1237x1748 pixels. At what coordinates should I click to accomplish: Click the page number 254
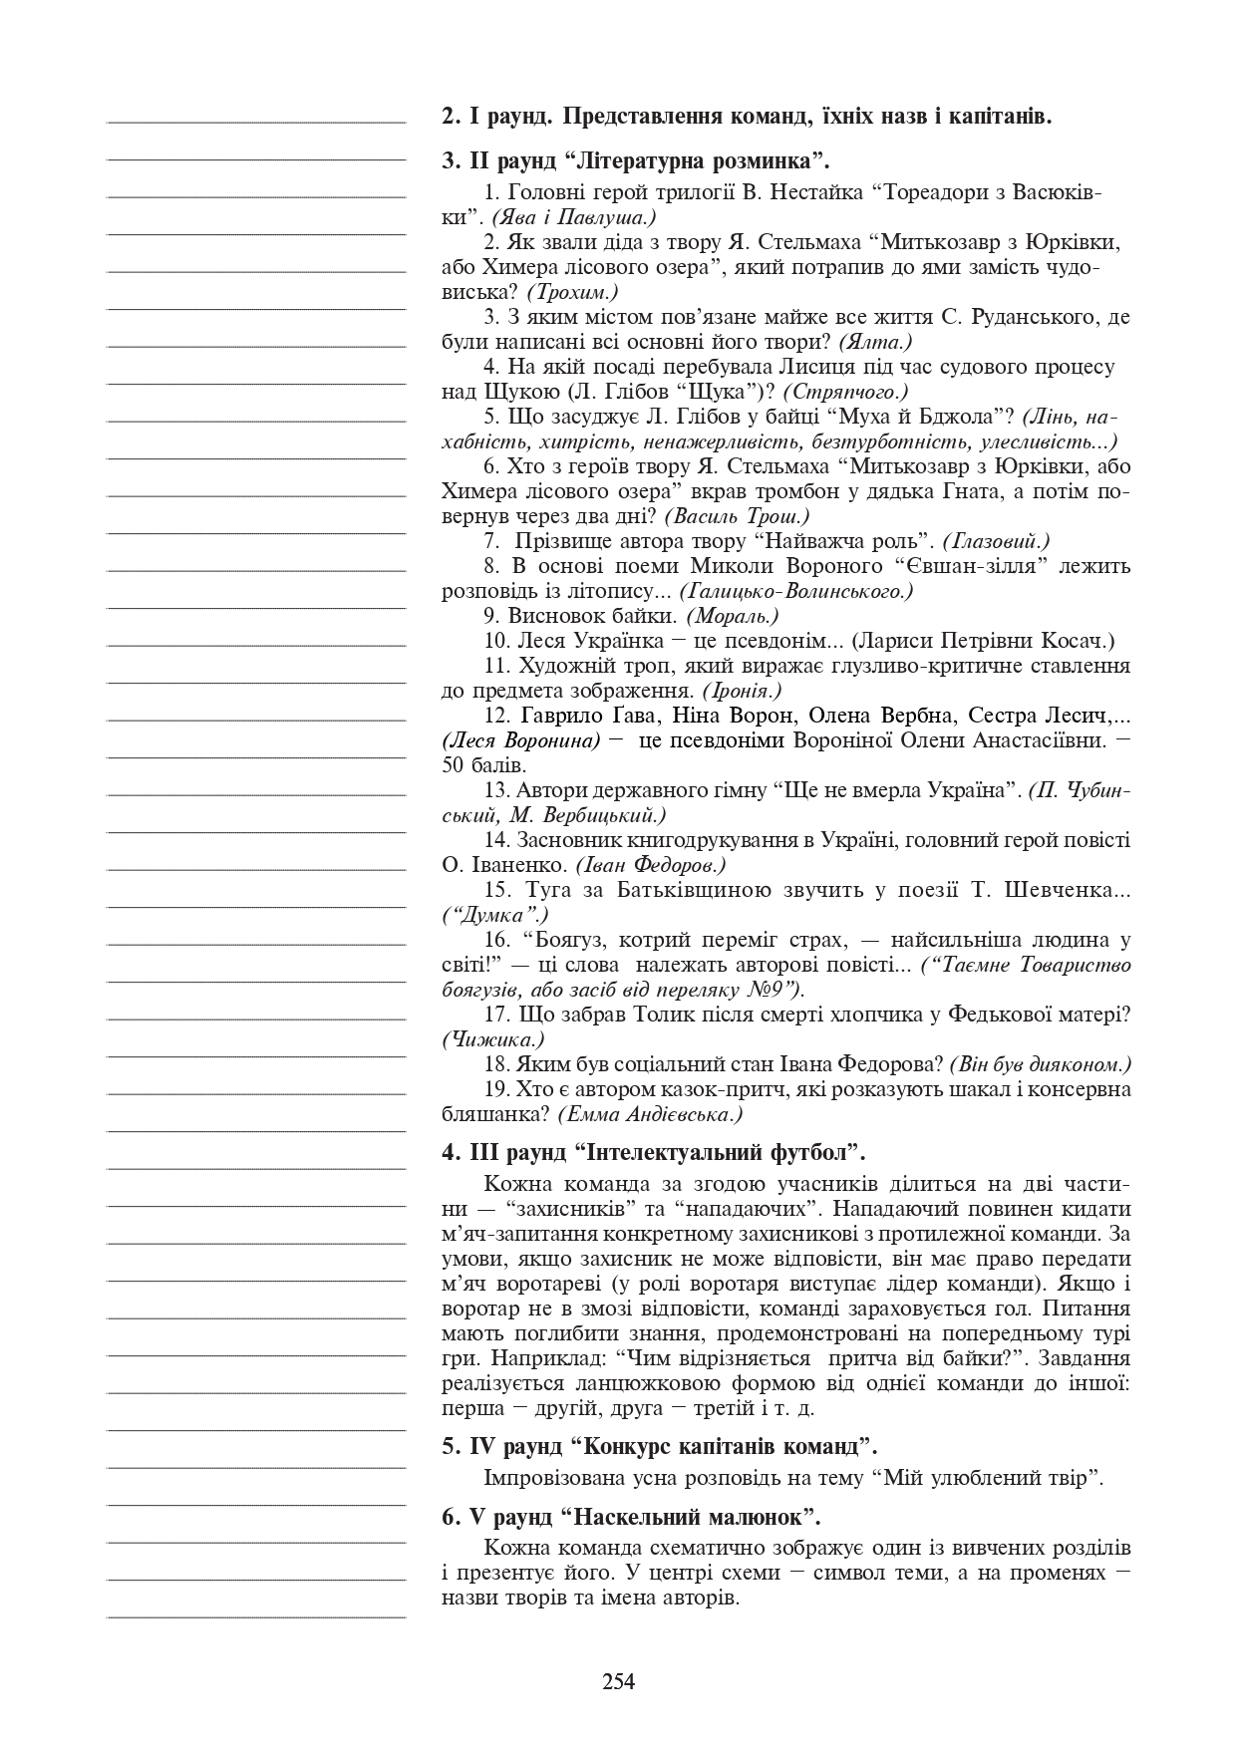pos(618,1682)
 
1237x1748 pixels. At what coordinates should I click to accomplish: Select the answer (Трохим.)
pos(572,292)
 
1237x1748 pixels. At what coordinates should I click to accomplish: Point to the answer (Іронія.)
pos(742,691)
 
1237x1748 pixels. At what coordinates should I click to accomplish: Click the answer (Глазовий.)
pos(996,541)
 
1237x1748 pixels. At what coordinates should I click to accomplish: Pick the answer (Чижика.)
pos(492,1039)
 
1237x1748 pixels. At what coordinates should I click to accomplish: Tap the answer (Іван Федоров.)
pos(651,865)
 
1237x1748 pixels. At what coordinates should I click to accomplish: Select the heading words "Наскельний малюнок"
pos(689,1518)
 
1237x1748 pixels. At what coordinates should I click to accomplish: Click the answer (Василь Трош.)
pos(737,516)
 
